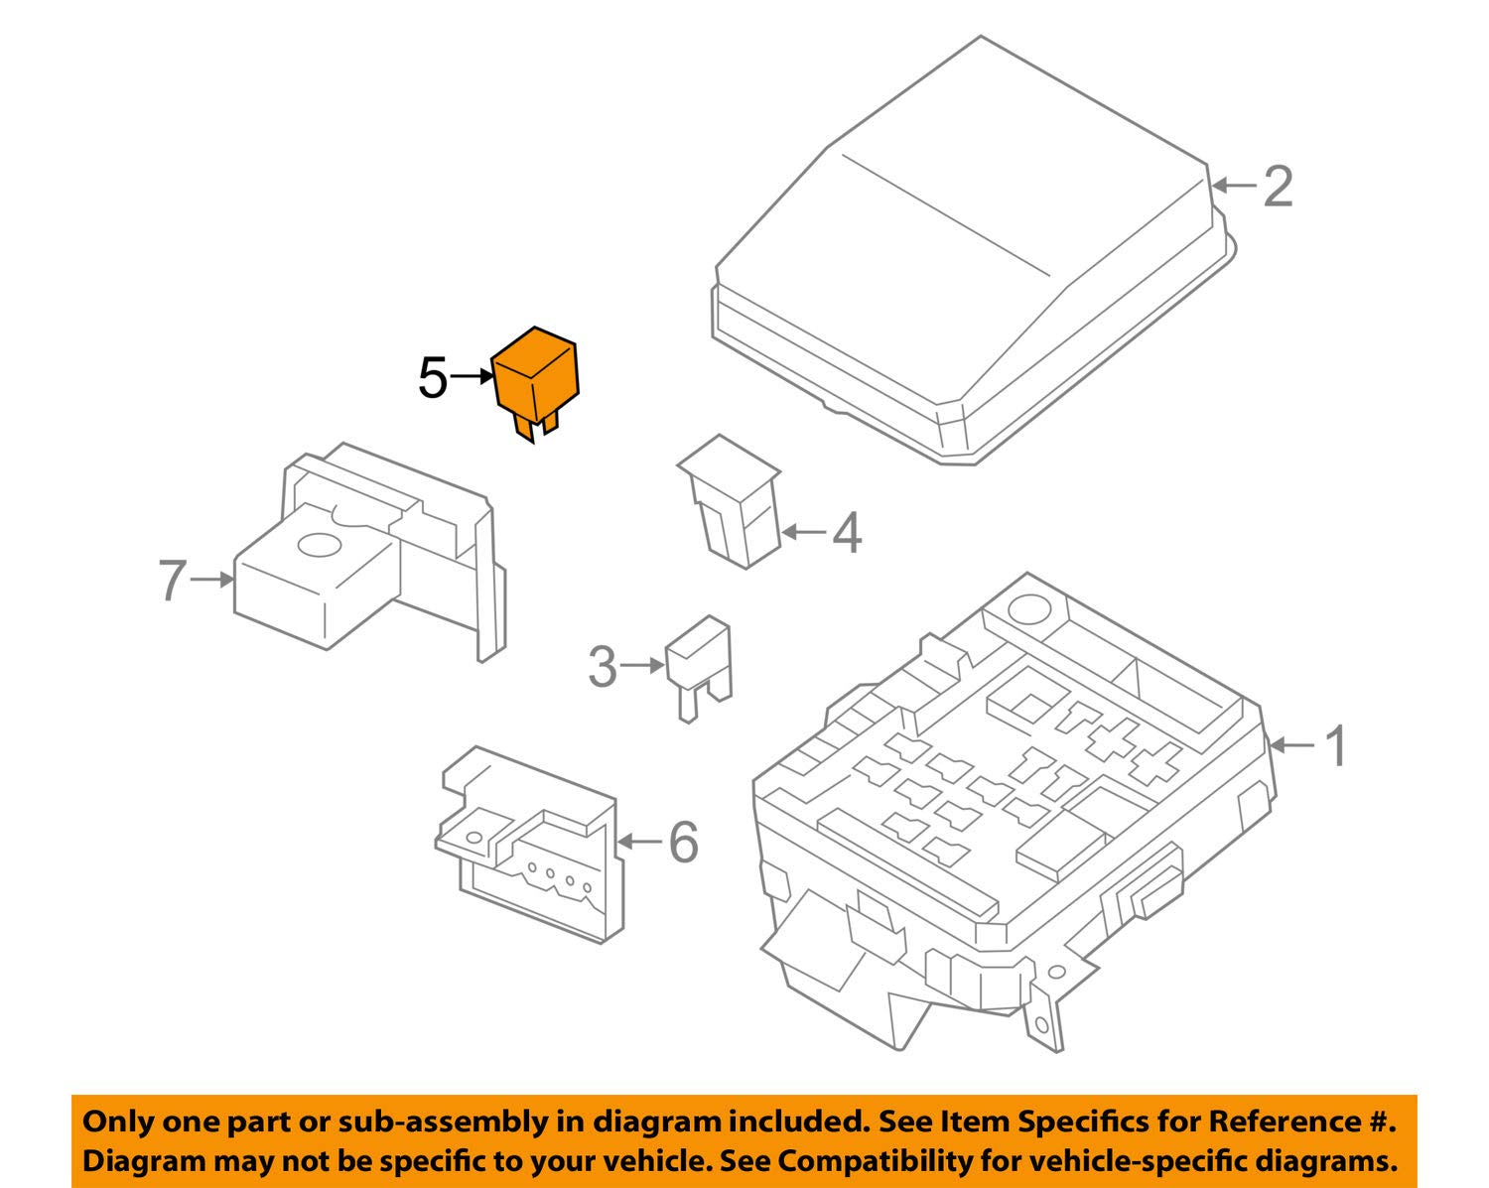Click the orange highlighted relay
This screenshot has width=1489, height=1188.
click(x=535, y=376)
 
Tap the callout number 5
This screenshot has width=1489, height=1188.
click(x=433, y=378)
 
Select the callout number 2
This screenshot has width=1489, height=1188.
click(x=1278, y=187)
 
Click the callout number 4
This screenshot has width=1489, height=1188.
click(x=846, y=534)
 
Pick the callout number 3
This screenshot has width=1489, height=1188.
click(x=603, y=667)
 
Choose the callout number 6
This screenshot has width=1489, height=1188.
click(x=683, y=843)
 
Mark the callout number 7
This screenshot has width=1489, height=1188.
click(x=172, y=581)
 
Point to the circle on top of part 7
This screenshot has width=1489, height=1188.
click(x=320, y=545)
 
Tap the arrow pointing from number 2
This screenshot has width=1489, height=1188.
click(x=1233, y=186)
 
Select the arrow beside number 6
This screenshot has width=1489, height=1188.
click(x=640, y=842)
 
